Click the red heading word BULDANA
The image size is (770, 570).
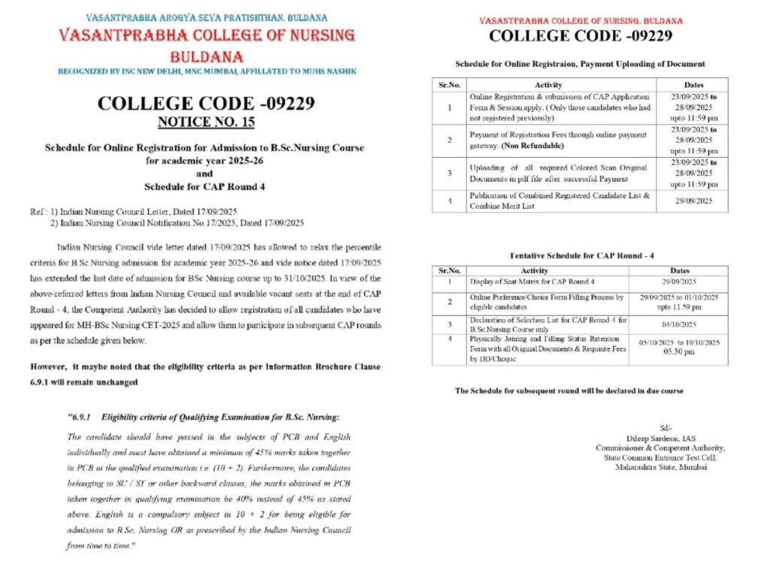tap(207, 56)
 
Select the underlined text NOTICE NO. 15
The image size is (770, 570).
tap(207, 120)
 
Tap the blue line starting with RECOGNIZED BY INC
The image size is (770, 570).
tap(207, 71)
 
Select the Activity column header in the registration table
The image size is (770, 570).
tap(547, 85)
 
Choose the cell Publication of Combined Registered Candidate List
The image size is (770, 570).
tap(559, 201)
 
